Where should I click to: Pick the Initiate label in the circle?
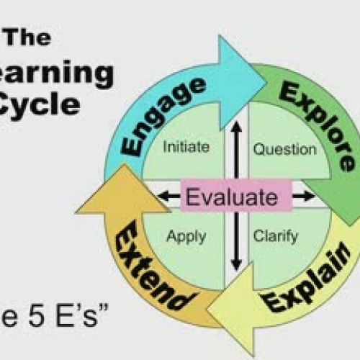click(x=186, y=148)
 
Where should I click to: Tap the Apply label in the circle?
click(x=186, y=235)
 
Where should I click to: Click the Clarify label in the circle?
click(x=276, y=235)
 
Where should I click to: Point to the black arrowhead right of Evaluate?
click(x=310, y=195)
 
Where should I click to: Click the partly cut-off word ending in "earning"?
click(x=58, y=72)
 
